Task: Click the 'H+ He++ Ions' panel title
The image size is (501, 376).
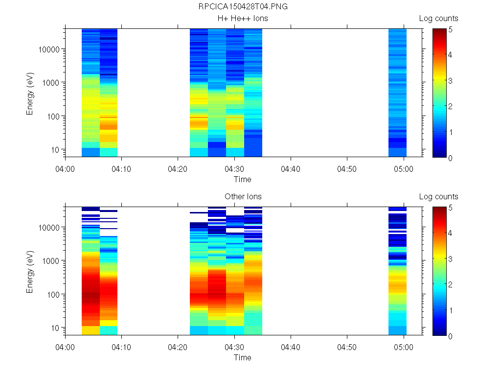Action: (x=243, y=19)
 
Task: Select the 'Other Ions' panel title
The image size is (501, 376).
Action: (x=243, y=197)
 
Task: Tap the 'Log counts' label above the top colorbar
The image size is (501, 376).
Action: (x=438, y=19)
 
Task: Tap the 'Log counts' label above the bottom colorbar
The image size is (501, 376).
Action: (x=438, y=197)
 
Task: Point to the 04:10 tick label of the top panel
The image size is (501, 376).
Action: (x=122, y=169)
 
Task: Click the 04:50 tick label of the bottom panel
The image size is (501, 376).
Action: (x=347, y=347)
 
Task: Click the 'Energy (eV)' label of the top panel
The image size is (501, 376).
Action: (x=30, y=93)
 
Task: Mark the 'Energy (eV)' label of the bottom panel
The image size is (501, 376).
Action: (x=30, y=271)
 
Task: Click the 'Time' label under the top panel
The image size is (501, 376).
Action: (x=242, y=179)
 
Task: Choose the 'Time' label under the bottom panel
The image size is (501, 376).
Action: (x=242, y=357)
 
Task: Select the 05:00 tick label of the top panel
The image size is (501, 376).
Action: (x=404, y=169)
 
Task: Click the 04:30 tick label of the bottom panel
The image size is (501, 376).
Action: (x=234, y=347)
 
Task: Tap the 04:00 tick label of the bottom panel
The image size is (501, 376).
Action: (x=66, y=347)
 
